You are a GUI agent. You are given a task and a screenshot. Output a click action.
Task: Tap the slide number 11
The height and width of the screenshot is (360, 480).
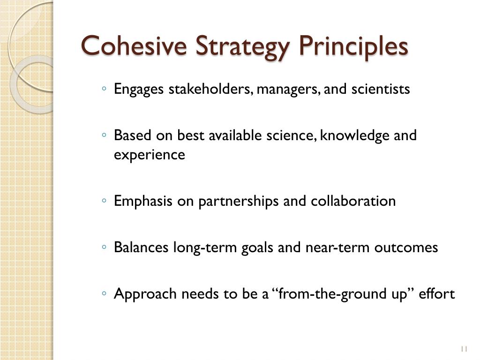pos(465,349)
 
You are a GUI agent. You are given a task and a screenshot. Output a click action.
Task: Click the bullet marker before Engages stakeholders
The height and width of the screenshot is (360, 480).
pos(104,88)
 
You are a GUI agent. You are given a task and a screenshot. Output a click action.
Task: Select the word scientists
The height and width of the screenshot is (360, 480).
pos(380,89)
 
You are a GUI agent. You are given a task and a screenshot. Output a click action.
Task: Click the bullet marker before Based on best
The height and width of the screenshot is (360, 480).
pos(104,135)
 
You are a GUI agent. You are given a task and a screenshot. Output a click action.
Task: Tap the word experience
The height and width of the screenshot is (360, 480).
pos(150,155)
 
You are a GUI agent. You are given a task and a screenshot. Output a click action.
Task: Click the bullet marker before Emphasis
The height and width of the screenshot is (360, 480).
pos(104,201)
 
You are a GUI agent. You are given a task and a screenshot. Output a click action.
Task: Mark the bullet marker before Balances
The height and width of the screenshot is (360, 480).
pos(104,247)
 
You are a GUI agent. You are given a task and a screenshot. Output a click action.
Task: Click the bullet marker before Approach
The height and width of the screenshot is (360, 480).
pos(104,293)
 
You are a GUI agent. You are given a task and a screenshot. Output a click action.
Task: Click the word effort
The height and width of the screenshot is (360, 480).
pos(436,294)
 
